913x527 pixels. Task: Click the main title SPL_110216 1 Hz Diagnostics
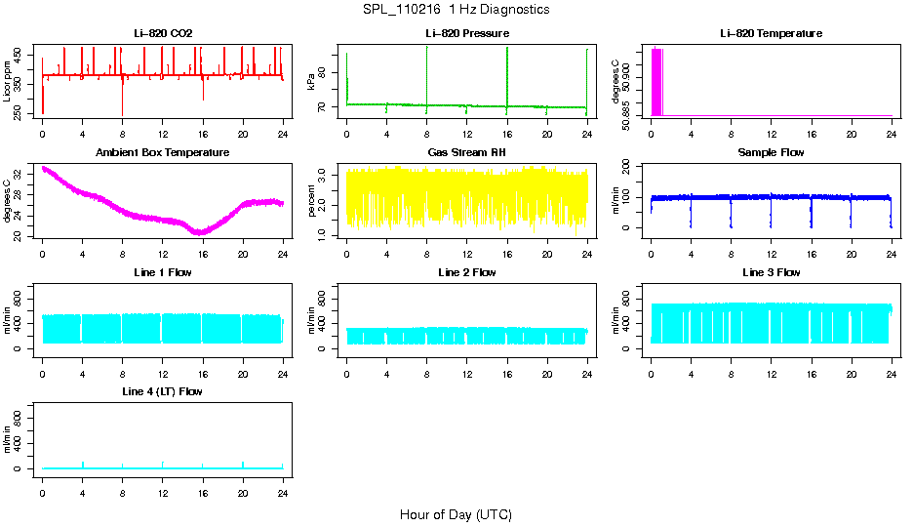click(455, 10)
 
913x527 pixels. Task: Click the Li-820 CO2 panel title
click(163, 34)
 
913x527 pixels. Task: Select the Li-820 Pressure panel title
click(466, 34)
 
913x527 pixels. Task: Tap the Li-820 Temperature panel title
click(771, 34)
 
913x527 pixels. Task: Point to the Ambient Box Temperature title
click(163, 153)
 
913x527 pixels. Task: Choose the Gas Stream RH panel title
click(466, 153)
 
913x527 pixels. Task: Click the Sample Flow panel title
click(771, 153)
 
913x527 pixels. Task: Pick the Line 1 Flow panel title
click(163, 272)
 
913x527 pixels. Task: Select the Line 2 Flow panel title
click(466, 272)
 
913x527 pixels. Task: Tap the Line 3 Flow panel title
click(771, 272)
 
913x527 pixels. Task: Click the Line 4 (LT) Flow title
click(163, 391)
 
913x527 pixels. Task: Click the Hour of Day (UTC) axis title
click(456, 514)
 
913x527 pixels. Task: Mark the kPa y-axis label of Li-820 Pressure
click(312, 80)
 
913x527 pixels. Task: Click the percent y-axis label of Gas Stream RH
click(312, 199)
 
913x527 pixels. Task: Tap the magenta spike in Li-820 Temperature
click(656, 82)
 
